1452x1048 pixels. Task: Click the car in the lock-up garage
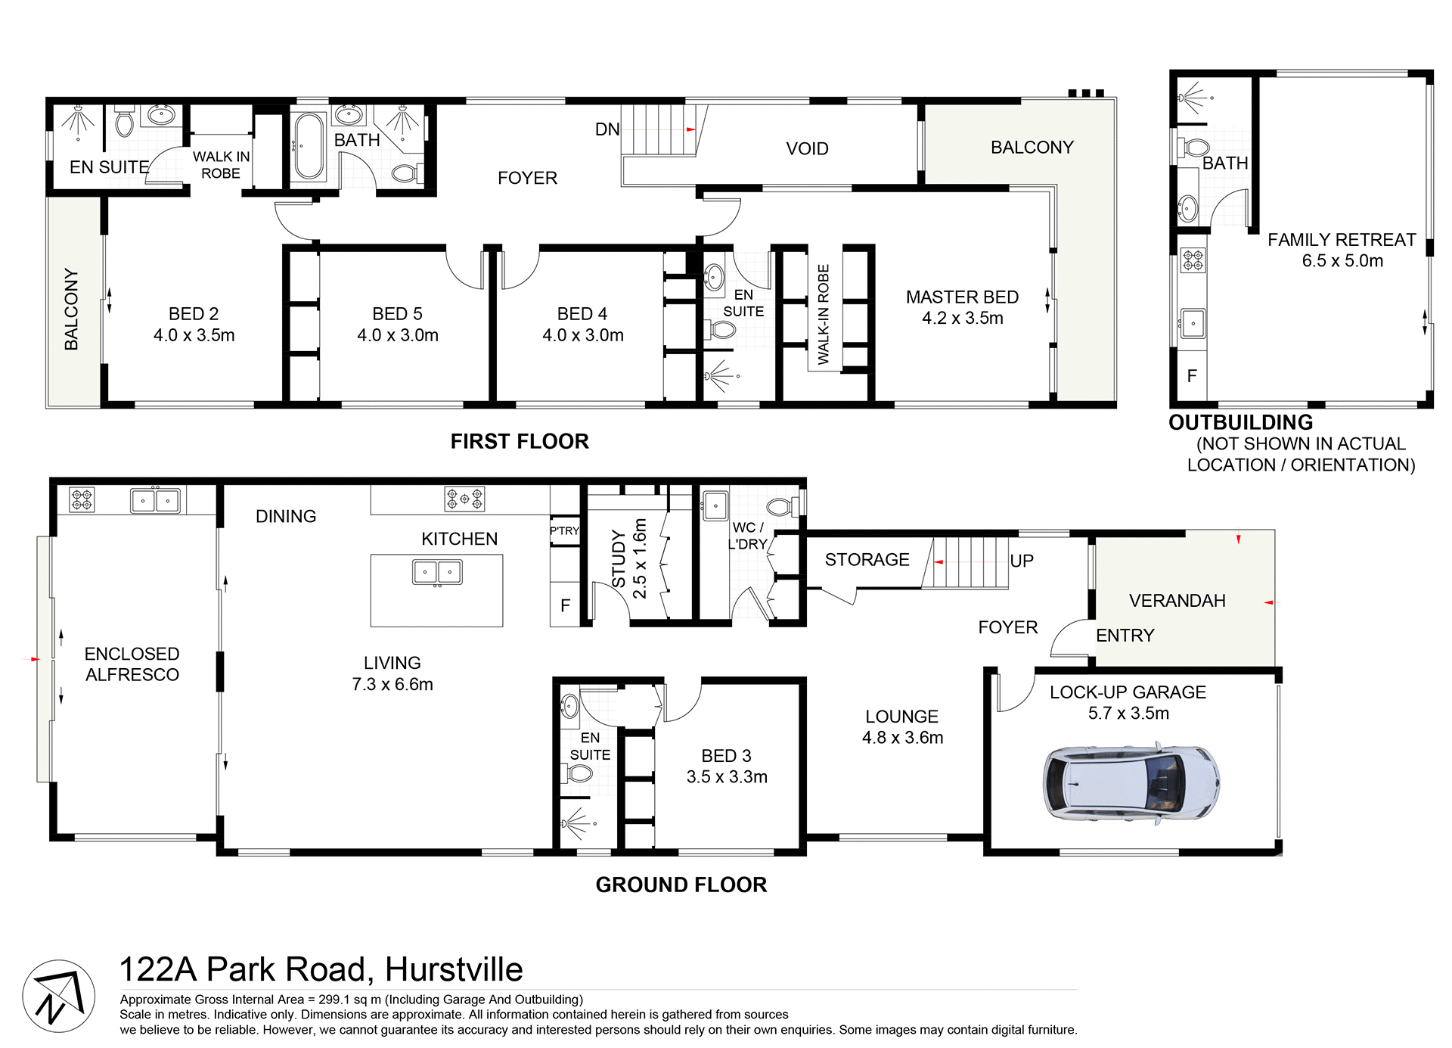[1130, 783]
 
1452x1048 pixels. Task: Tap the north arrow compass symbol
[58, 996]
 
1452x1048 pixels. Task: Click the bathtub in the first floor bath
[309, 146]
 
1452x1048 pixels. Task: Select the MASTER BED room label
[962, 297]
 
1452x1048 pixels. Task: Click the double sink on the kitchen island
[437, 573]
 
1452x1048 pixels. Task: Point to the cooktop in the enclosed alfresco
[82, 499]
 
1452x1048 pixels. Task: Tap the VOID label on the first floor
[807, 149]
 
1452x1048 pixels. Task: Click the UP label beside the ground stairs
[1021, 561]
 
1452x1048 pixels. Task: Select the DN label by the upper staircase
[607, 129]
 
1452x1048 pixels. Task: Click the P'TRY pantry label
[564, 531]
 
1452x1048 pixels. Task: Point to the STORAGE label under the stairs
[867, 560]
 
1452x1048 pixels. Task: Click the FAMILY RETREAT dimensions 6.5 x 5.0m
[1342, 261]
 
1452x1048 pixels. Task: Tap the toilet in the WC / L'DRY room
[782, 505]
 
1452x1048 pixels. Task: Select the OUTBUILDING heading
[1240, 422]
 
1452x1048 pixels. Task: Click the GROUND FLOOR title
[681, 885]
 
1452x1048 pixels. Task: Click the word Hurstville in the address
[454, 969]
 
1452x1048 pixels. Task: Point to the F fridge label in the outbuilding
[1192, 376]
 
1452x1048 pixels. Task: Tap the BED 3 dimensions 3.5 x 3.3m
[726, 777]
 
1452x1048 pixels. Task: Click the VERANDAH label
[1177, 601]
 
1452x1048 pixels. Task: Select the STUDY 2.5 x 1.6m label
[629, 558]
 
